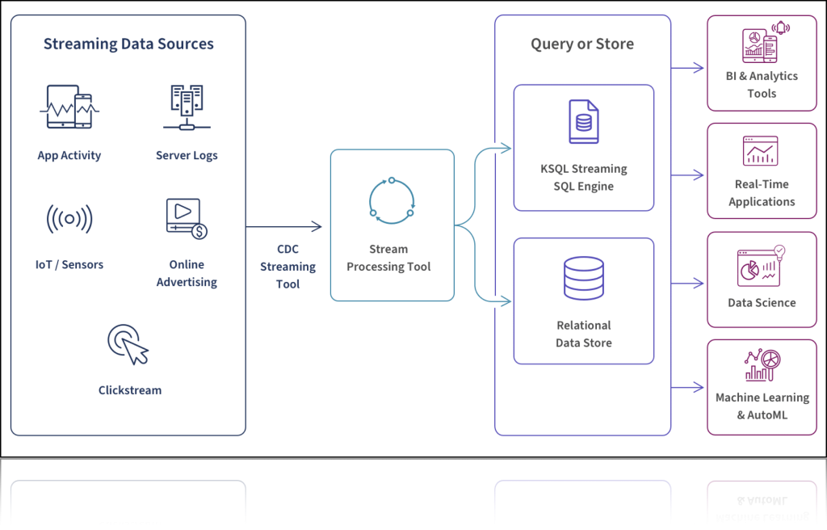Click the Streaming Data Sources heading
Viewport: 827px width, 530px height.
[128, 44]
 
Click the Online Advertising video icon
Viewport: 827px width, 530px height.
[187, 219]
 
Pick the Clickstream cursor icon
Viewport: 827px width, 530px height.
[128, 344]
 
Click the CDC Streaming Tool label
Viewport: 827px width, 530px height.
[288, 267]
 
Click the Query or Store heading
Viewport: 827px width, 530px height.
[582, 44]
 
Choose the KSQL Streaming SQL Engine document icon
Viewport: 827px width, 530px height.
[583, 122]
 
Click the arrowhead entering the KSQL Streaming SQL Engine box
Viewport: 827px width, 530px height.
[506, 148]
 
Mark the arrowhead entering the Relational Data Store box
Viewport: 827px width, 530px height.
[506, 302]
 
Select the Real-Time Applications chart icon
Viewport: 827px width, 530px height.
[761, 151]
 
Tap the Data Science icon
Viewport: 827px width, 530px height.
[761, 266]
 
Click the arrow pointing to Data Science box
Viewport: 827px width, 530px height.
[689, 284]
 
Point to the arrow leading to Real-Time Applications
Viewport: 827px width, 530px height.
[689, 175]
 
